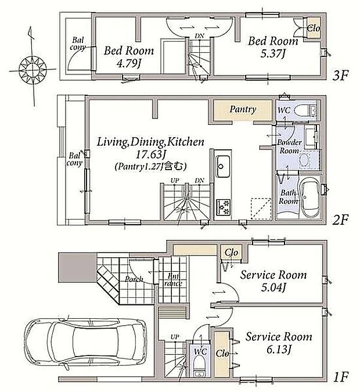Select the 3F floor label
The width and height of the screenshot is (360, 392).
pyautogui.click(x=340, y=75)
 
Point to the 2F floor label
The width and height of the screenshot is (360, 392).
pyautogui.click(x=340, y=220)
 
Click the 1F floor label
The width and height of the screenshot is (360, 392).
pyautogui.click(x=341, y=377)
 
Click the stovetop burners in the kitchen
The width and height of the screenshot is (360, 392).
pyautogui.click(x=223, y=207)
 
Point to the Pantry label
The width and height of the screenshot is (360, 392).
pyautogui.click(x=243, y=109)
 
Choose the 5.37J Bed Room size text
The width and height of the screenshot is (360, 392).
pyautogui.click(x=273, y=54)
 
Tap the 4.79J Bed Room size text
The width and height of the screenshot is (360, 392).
pyautogui.click(x=129, y=63)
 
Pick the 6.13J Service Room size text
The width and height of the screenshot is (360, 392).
pyautogui.click(x=279, y=350)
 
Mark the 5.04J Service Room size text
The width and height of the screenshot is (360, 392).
pyautogui.click(x=273, y=287)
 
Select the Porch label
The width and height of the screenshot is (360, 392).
pyautogui.click(x=134, y=279)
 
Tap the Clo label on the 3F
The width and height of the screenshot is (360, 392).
pyautogui.click(x=314, y=28)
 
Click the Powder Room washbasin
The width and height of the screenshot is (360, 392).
pyautogui.click(x=304, y=160)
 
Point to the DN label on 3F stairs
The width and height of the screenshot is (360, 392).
pyautogui.click(x=200, y=36)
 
